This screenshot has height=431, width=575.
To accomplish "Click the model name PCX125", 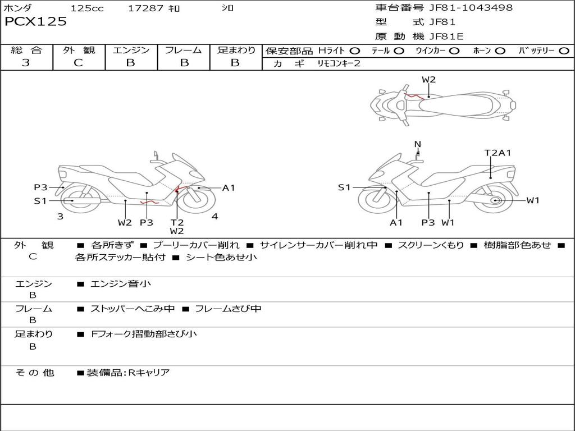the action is [35, 21].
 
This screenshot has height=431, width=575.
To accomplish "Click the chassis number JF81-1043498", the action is [471, 7].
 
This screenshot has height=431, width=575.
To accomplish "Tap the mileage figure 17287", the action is [145, 8].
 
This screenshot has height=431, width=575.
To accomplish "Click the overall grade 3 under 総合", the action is [26, 62].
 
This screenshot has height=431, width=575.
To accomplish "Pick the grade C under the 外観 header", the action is [79, 62].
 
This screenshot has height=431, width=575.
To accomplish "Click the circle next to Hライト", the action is [355, 51].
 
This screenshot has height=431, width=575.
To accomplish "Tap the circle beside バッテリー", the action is [564, 51].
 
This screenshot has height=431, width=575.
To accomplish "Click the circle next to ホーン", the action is [500, 51].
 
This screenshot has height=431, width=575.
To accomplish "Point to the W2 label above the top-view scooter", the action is [428, 80].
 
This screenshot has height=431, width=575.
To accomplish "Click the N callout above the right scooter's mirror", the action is [418, 144].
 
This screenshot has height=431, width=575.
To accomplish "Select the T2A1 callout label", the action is [498, 153].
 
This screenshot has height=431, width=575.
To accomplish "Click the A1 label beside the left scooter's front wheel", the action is [229, 188].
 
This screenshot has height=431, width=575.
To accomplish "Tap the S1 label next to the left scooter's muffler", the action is [40, 201].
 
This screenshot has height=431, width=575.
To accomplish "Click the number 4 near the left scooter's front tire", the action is [215, 216].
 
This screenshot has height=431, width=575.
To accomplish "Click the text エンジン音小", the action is [121, 283].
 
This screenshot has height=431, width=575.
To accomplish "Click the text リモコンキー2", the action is [339, 63].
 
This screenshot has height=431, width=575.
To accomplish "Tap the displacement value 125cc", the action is [87, 8].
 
